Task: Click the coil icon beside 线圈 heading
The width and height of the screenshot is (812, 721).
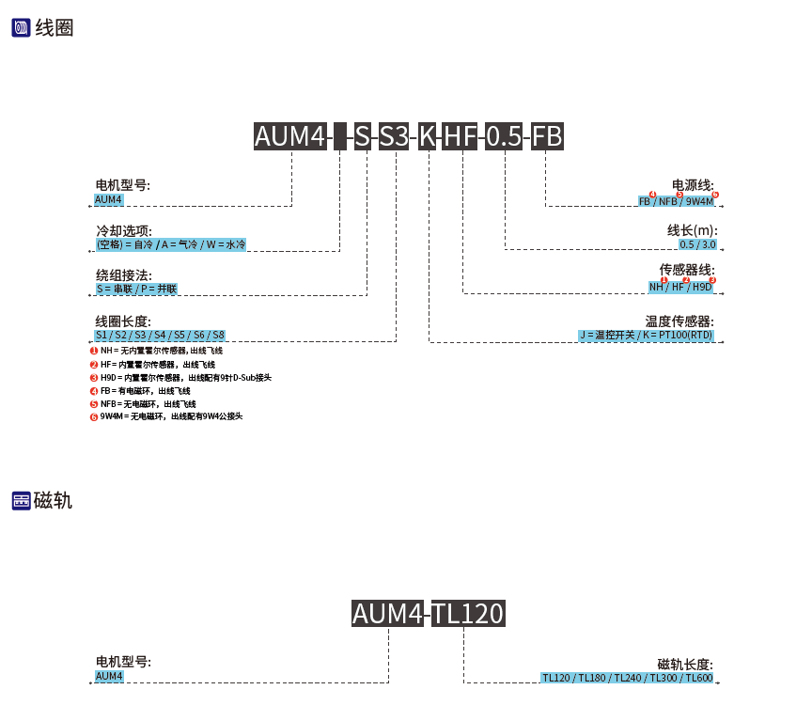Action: (x=21, y=28)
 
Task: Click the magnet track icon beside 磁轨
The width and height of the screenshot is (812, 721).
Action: (x=21, y=500)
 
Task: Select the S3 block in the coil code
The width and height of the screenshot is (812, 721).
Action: (x=394, y=136)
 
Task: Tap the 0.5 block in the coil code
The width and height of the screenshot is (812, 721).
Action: (x=504, y=136)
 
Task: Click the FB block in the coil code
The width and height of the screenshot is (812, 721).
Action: (x=547, y=136)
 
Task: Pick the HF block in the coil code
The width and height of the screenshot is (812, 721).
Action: (x=461, y=136)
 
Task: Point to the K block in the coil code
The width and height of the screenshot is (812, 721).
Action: (x=428, y=136)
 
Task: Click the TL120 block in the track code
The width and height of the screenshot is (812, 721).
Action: (x=468, y=614)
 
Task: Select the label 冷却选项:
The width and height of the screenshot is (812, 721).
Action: (x=123, y=230)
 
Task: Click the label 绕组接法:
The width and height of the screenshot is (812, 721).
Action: (x=123, y=275)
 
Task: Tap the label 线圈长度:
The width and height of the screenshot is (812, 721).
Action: (x=123, y=321)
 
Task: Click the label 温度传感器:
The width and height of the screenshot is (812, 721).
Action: (x=679, y=321)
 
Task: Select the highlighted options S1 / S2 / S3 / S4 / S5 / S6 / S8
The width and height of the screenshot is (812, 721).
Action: (x=160, y=335)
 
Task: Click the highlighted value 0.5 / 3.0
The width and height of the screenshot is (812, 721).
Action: (x=697, y=244)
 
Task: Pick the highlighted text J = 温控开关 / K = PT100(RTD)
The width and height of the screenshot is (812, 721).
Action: (x=646, y=335)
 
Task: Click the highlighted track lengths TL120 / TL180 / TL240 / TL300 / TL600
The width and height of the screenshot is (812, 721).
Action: (x=627, y=678)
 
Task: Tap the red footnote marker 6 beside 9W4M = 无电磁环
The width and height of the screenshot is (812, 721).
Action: (x=94, y=416)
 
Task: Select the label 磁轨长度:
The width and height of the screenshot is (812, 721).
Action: (x=685, y=664)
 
